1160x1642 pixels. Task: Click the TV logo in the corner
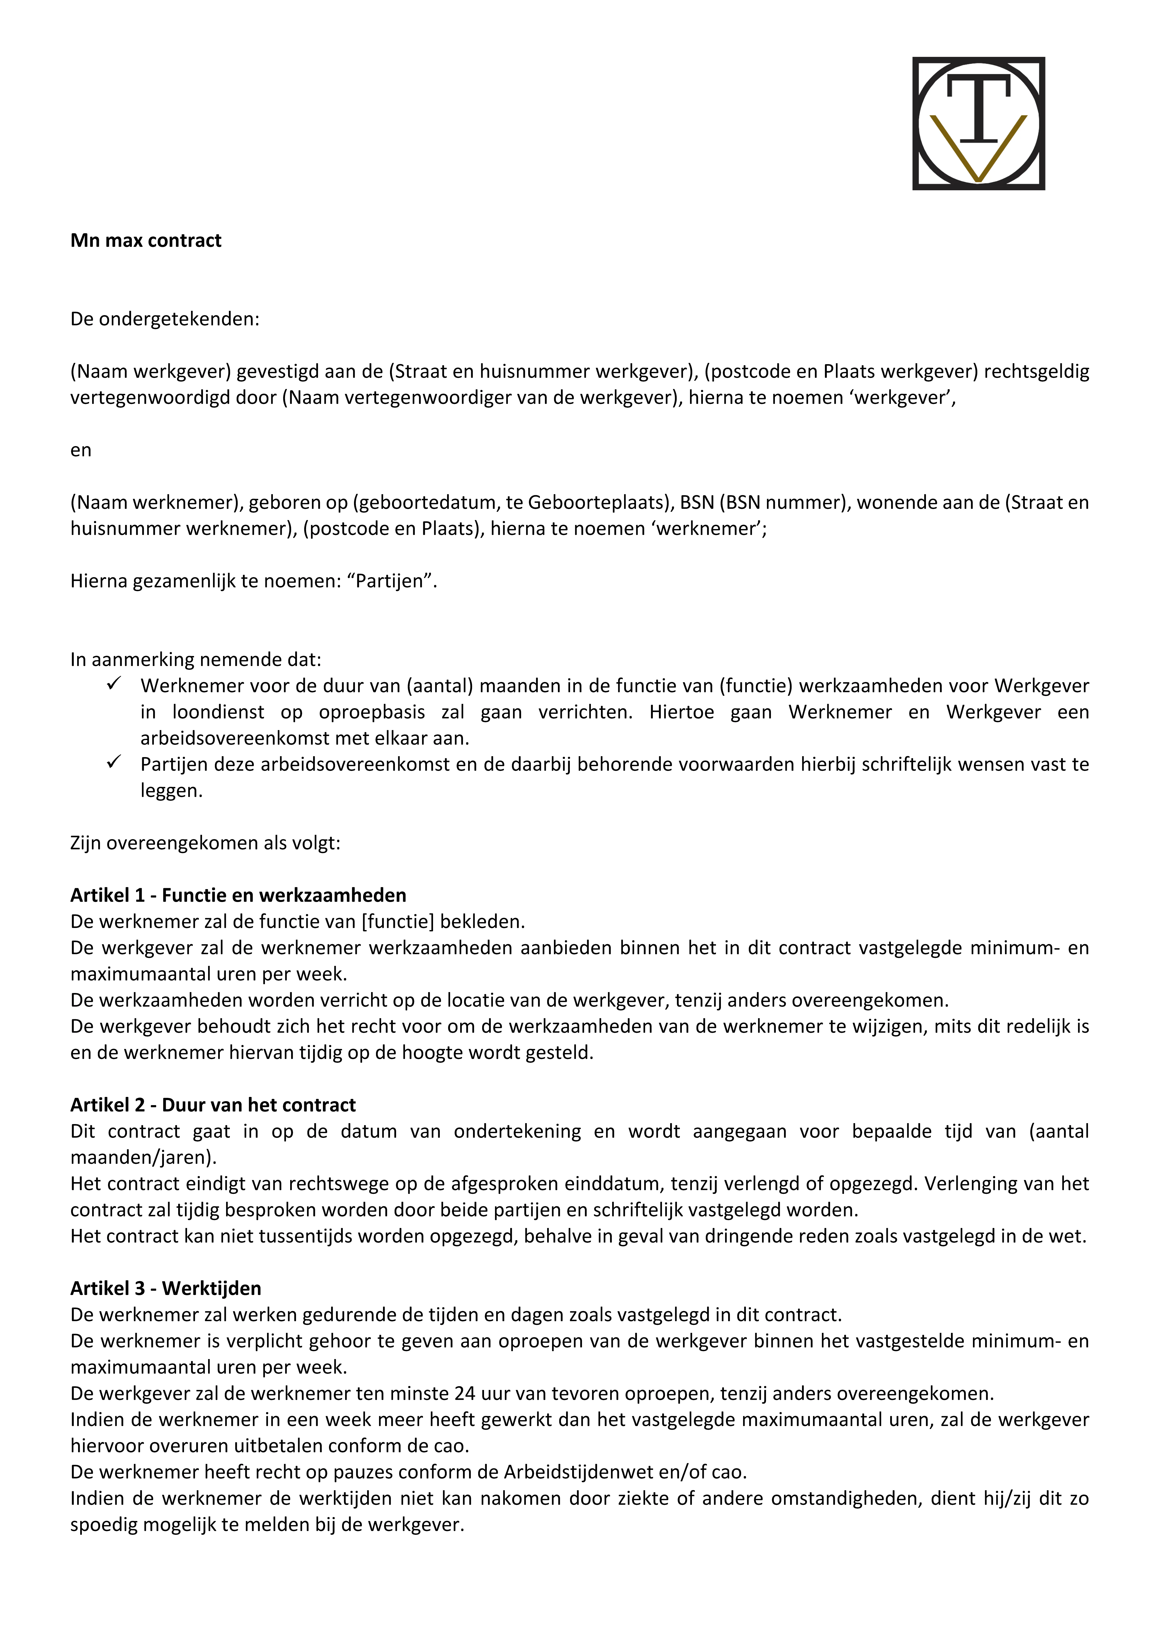pyautogui.click(x=979, y=123)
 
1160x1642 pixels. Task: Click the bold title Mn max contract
pyautogui.click(x=146, y=240)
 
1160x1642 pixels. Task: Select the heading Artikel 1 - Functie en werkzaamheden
pyautogui.click(x=238, y=895)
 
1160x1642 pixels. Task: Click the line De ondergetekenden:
pyautogui.click(x=164, y=319)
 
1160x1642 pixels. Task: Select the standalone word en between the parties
pyautogui.click(x=81, y=450)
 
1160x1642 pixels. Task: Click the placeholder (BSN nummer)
pyautogui.click(x=784, y=503)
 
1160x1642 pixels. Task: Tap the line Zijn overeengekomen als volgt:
pyautogui.click(x=205, y=843)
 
